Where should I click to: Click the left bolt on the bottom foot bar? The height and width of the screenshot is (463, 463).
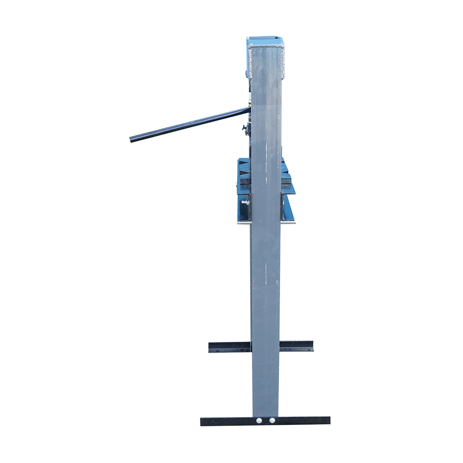tap(259, 420)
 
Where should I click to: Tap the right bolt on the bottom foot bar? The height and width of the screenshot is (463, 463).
tap(272, 420)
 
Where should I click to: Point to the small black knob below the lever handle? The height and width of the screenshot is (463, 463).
tap(244, 127)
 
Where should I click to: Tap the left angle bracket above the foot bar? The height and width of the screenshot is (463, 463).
tap(230, 346)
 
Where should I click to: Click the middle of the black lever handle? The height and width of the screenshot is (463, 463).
tap(189, 125)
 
